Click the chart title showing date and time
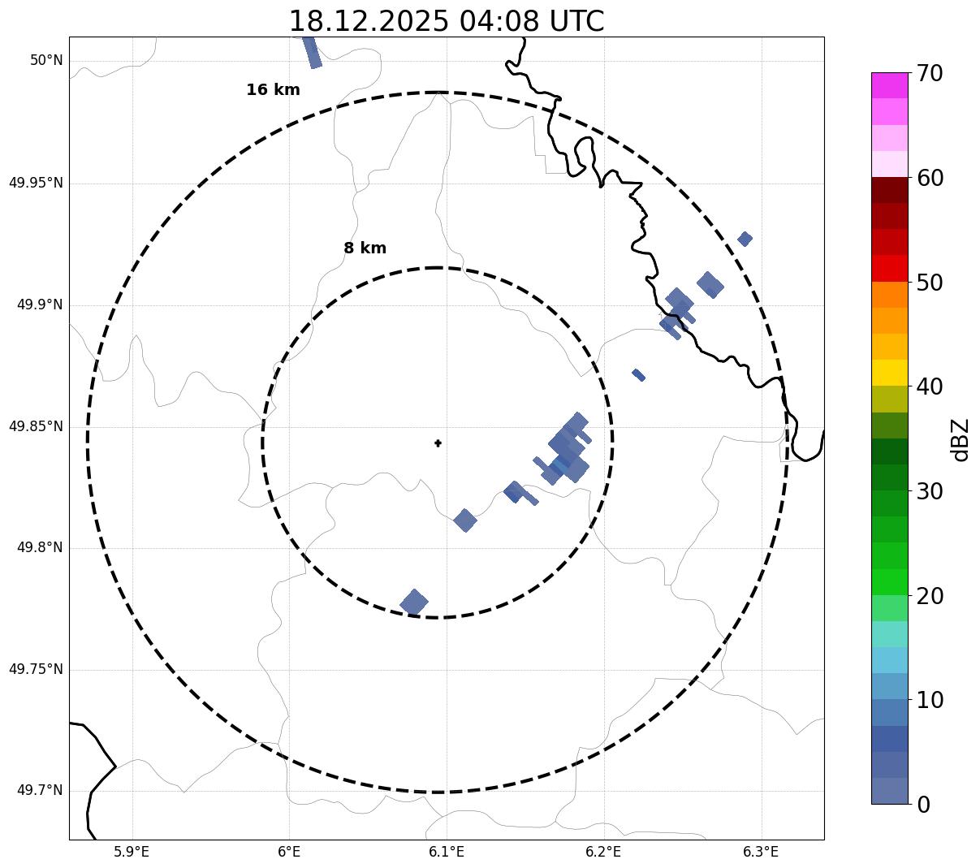pyautogui.click(x=446, y=21)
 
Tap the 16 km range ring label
pyautogui.click(x=273, y=90)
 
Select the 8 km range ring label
pyautogui.click(x=365, y=248)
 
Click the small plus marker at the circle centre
pyautogui.click(x=438, y=443)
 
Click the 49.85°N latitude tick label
pyautogui.click(x=36, y=426)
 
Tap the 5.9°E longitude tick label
pyautogui.click(x=132, y=852)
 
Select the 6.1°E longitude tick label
pyautogui.click(x=447, y=852)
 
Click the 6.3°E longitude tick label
pyautogui.click(x=761, y=852)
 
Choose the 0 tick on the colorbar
pyautogui.click(x=924, y=805)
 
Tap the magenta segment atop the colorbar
pyautogui.click(x=889, y=85)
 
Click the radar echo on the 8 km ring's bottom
pyautogui.click(x=414, y=602)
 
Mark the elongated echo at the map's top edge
pyautogui.click(x=312, y=51)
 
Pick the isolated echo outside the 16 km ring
pyautogui.click(x=745, y=239)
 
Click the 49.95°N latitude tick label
pyautogui.click(x=36, y=183)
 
